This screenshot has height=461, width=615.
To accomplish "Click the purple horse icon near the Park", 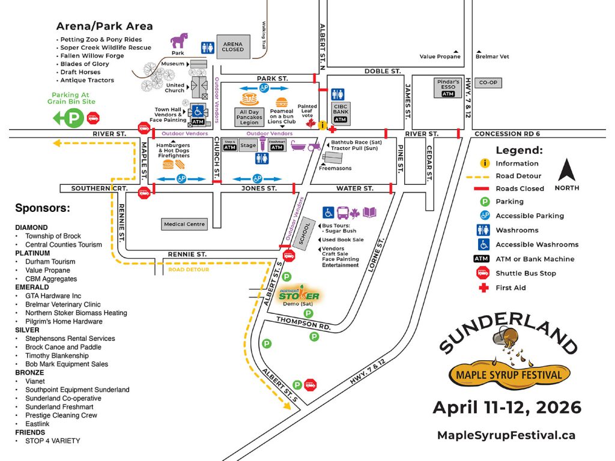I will pos(179,41).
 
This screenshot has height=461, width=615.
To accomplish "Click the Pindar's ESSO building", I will pos(448,88).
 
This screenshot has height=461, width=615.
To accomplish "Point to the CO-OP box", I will pos(488,83).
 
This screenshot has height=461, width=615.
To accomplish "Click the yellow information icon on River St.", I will pos(323,125).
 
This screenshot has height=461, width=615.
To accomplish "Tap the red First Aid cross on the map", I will pos(332,130).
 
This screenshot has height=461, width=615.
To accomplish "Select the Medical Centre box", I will pos(184,224).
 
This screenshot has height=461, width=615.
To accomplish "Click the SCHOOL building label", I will pos(306,229).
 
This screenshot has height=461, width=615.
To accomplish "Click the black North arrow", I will pos(567,170).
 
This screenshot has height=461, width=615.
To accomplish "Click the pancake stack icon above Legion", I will pos(249,100).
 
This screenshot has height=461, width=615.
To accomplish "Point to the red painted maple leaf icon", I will pos(311,123).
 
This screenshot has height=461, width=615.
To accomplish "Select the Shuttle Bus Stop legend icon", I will pos(485,273).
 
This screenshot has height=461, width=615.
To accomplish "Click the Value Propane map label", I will pos(440,56).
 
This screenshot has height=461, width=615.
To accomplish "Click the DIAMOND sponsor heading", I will pos(31,227).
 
